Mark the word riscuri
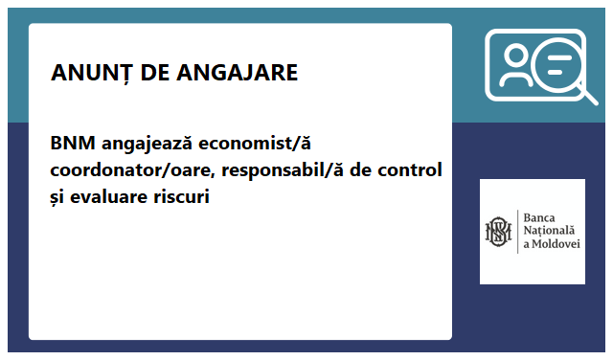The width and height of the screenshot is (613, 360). [181, 197]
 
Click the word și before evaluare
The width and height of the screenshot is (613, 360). [58, 198]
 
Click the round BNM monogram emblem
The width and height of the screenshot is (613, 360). [498, 232]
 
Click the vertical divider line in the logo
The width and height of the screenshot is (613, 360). [516, 232]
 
